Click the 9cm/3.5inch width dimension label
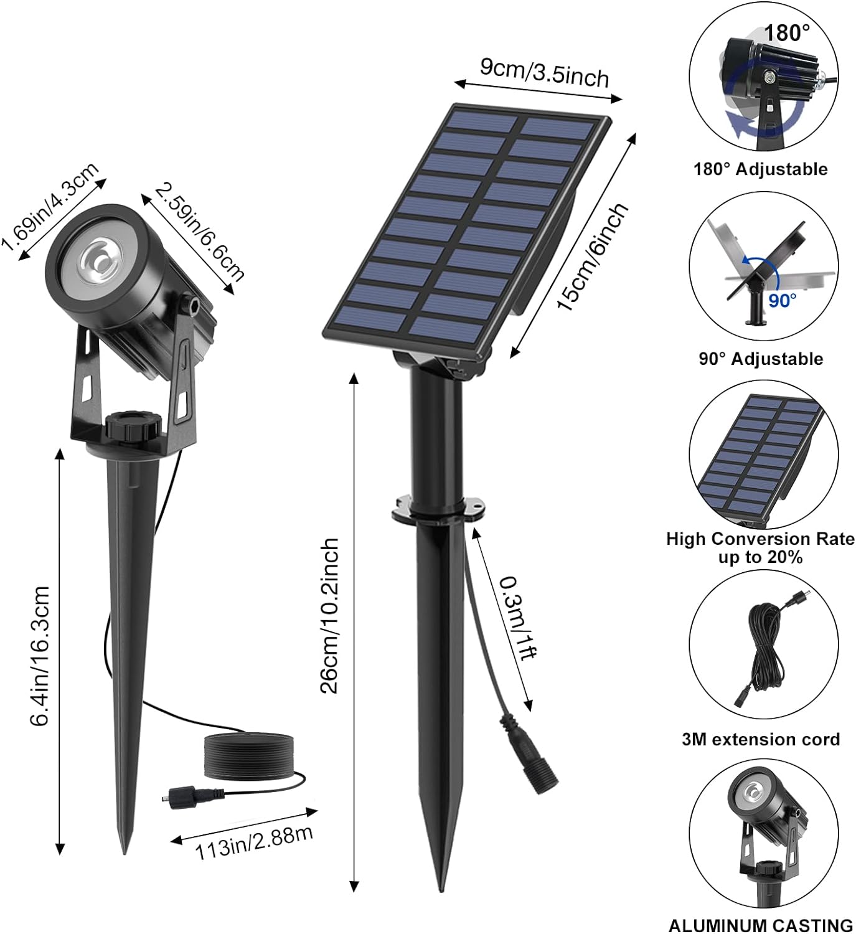tap(544, 73)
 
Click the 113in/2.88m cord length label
tap(254, 842)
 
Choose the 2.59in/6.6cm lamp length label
tap(200, 230)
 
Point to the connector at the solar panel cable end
tap(527, 751)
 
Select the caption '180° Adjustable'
tap(760, 169)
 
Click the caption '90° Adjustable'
tap(760, 359)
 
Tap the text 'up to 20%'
tap(760, 557)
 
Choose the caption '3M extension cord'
tap(760, 739)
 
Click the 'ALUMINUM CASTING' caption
tap(760, 925)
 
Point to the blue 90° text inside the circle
tap(782, 301)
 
